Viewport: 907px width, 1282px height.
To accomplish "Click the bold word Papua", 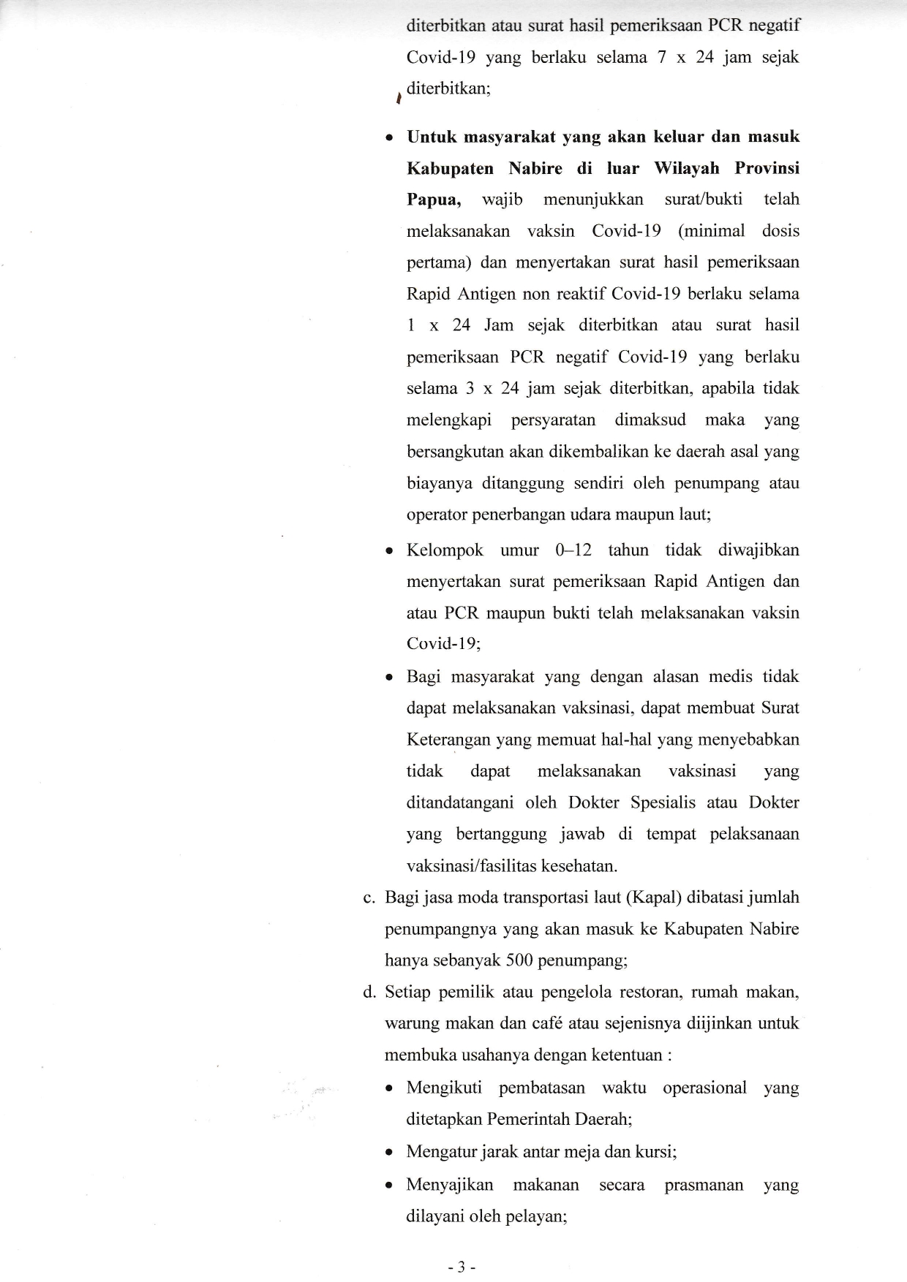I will pyautogui.click(x=434, y=200).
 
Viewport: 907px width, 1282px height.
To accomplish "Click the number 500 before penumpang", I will pyautogui.click(x=520, y=960).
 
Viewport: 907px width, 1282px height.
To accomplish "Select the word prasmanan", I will pyautogui.click(x=704, y=1184).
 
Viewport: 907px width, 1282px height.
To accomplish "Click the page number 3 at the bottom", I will pyautogui.click(x=461, y=1268).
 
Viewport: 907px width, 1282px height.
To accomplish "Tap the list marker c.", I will pyautogui.click(x=369, y=898).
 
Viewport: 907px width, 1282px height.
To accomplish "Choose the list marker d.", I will pyautogui.click(x=369, y=992).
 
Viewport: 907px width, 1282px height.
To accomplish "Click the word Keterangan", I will pyautogui.click(x=448, y=740).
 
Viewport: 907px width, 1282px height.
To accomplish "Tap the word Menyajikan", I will pyautogui.click(x=450, y=1184).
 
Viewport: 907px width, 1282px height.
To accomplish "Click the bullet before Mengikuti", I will pyautogui.click(x=391, y=1089).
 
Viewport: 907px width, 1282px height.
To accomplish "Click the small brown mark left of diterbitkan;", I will pyautogui.click(x=398, y=98).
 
